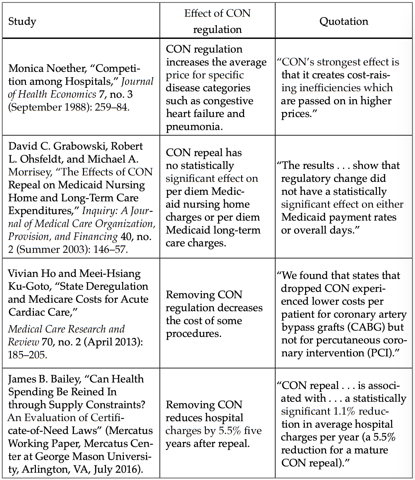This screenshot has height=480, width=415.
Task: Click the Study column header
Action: [x=22, y=21]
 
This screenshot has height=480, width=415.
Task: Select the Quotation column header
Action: [x=344, y=21]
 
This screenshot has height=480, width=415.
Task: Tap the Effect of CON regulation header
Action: [x=217, y=21]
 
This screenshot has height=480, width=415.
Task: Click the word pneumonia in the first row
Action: [x=193, y=127]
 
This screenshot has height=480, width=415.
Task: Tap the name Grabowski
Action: [x=79, y=146]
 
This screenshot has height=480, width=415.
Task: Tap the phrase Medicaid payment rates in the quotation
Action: [x=339, y=217]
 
